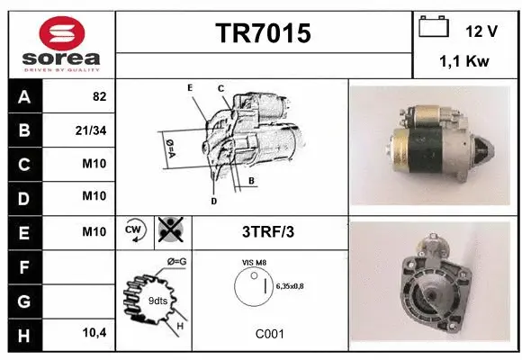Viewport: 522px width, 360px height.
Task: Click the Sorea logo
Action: click(x=60, y=45)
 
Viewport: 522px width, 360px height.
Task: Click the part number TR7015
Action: click(x=264, y=33)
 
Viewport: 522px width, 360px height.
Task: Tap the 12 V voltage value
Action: click(x=481, y=31)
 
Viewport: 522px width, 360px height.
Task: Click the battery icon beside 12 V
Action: click(x=434, y=28)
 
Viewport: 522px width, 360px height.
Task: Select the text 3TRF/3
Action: click(x=269, y=231)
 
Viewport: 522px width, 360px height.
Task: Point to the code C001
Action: click(x=269, y=334)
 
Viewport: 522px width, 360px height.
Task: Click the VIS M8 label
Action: click(x=256, y=262)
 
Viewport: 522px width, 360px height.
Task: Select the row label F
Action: click(x=23, y=266)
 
